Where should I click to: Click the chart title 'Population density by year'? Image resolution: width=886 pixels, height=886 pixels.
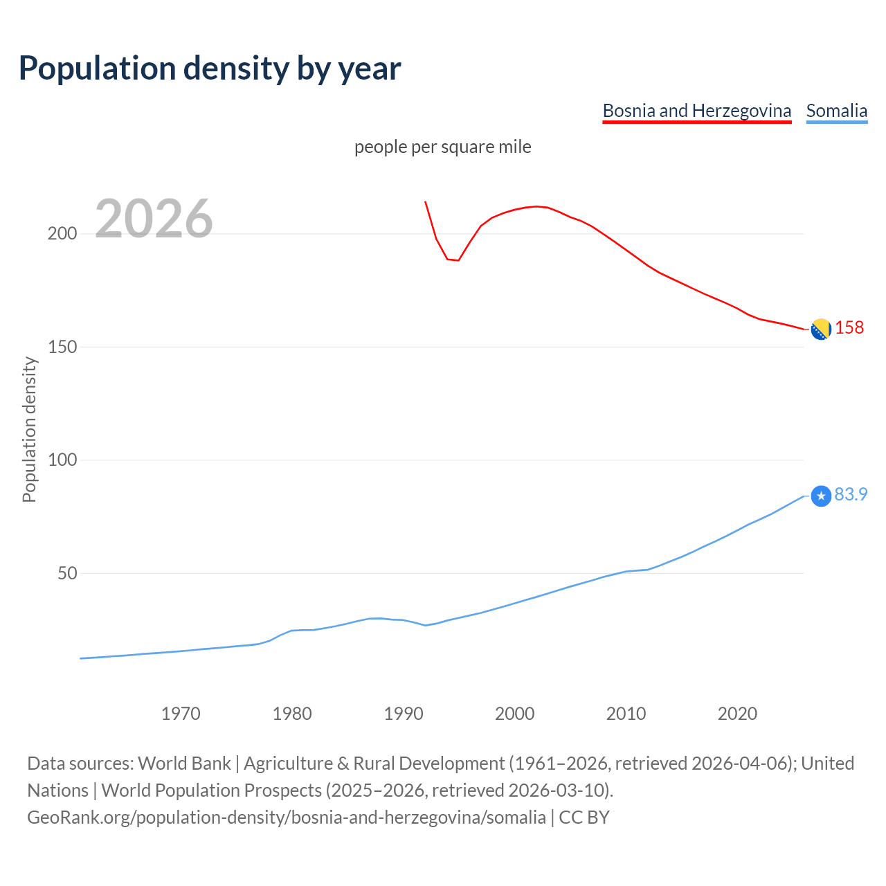tap(210, 69)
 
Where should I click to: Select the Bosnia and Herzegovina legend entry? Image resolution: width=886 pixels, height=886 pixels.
tap(696, 111)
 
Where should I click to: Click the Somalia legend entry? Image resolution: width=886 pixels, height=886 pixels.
tap(836, 111)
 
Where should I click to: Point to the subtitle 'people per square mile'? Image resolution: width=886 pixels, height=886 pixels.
tap(442, 147)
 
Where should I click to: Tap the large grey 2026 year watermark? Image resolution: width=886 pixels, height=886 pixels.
tap(154, 219)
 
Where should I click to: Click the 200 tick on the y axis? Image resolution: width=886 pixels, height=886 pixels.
tap(62, 233)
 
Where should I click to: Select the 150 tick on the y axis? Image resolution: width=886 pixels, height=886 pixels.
tap(62, 347)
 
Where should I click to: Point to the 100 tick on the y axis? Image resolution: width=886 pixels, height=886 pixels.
tap(62, 460)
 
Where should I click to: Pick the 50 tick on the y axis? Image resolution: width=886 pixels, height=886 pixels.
tap(66, 573)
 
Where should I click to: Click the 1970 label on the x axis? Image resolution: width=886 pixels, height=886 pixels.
tap(181, 714)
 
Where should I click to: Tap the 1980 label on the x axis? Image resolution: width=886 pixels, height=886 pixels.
tap(292, 714)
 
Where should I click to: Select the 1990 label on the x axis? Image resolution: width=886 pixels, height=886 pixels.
tap(404, 714)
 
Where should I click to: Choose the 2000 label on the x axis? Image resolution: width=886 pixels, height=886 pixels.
tap(514, 714)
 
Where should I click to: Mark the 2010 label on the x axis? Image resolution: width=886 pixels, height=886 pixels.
tap(626, 714)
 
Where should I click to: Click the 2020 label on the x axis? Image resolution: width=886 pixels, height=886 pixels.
tap(737, 714)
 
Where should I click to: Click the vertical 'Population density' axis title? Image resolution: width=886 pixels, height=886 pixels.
tap(29, 429)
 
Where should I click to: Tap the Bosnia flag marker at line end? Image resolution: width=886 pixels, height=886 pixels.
tap(821, 329)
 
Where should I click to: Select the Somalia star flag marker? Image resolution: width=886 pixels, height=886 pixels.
tap(821, 496)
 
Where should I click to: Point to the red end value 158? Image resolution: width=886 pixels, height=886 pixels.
tap(849, 327)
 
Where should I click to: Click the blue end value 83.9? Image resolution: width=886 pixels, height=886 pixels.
tap(851, 494)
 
